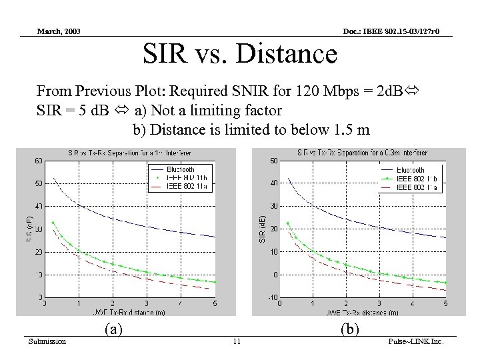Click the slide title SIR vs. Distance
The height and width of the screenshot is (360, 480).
click(240, 53)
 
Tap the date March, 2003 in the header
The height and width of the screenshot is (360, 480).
click(59, 31)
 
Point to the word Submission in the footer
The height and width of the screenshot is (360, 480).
click(47, 342)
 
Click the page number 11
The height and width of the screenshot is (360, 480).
click(237, 342)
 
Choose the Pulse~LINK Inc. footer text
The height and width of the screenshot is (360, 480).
click(415, 342)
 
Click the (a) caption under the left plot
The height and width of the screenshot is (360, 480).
click(114, 329)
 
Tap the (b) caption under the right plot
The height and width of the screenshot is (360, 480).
click(350, 329)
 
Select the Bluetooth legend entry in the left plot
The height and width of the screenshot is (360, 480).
click(181, 170)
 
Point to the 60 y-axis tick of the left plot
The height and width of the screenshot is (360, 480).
click(39, 161)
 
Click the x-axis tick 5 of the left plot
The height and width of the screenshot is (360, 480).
click(215, 304)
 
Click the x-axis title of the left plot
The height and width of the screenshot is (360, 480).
click(130, 311)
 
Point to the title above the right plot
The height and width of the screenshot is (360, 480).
click(361, 153)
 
